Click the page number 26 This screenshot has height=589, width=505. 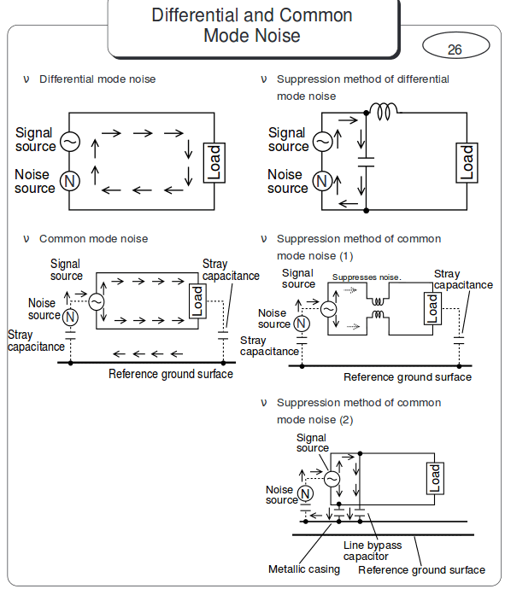[x=454, y=50]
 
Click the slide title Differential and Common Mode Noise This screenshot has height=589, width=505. [x=252, y=26]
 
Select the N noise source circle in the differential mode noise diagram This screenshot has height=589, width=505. [x=70, y=180]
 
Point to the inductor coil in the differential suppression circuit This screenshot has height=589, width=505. [x=384, y=110]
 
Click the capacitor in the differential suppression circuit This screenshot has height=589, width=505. [x=366, y=160]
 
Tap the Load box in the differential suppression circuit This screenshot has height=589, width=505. [x=467, y=161]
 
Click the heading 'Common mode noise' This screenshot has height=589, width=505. [x=93, y=239]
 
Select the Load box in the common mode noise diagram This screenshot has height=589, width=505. [x=197, y=301]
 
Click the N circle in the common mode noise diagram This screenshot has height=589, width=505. [x=71, y=316]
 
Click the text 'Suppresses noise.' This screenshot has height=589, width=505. [x=367, y=277]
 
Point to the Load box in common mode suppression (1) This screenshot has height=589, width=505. [x=433, y=308]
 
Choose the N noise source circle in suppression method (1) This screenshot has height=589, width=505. [x=301, y=323]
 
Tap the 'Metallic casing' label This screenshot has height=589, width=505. [x=303, y=569]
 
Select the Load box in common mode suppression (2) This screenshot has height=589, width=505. [x=435, y=478]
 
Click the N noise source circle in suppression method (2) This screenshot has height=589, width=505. [x=305, y=493]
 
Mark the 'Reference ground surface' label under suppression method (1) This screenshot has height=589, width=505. [x=407, y=377]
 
